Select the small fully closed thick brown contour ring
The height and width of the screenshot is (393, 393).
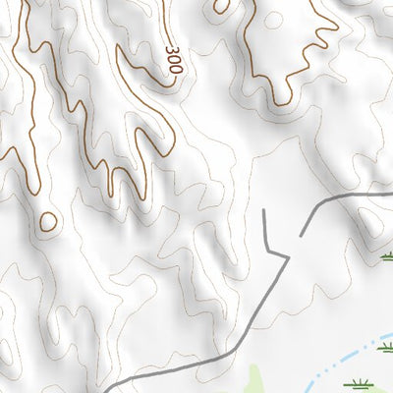pyautogui.click(x=47, y=222)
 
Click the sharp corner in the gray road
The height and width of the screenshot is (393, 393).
pyautogui.click(x=289, y=257)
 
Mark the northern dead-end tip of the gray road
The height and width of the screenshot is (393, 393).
pyautogui.click(x=267, y=211)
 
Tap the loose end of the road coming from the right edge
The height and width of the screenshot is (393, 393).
pyautogui.click(x=267, y=211)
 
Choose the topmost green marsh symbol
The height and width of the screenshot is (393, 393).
pyautogui.click(x=385, y=257)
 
